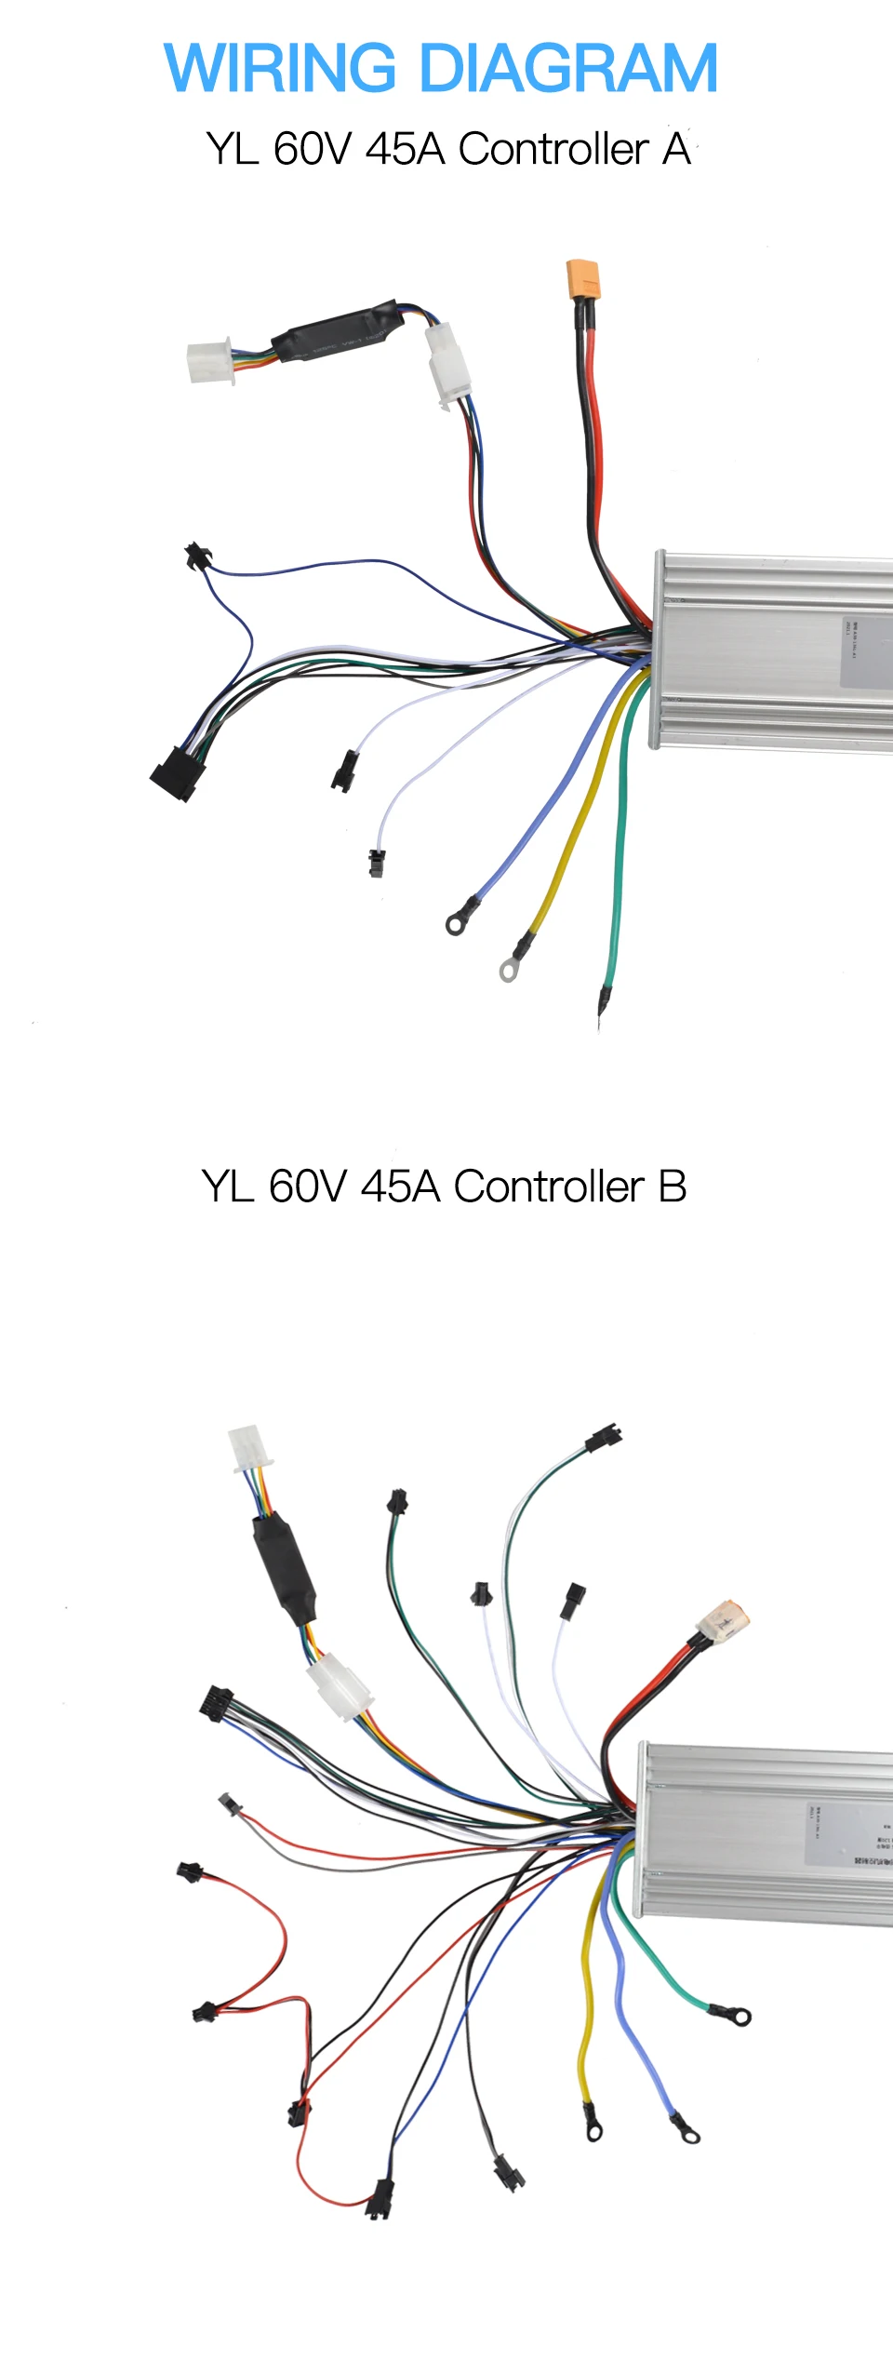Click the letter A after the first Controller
676,149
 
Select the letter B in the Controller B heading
672,1187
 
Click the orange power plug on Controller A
583,279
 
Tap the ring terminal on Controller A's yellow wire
508,971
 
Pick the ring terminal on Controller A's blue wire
456,923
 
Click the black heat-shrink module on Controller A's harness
335,331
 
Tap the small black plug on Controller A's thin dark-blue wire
196,556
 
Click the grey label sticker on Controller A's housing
866,651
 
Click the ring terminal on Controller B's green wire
740,2017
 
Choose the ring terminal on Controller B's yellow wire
593,2130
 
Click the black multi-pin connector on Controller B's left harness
216,1704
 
